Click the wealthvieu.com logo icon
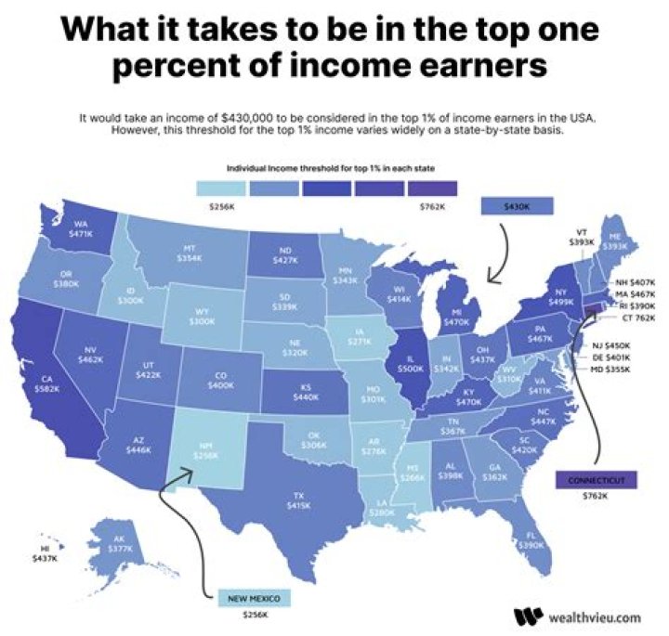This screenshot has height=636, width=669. (x=527, y=617)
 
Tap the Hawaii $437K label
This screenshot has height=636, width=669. (x=44, y=554)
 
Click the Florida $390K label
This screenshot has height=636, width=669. (x=531, y=540)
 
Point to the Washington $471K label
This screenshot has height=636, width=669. (x=82, y=229)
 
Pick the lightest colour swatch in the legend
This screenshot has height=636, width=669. (x=220, y=188)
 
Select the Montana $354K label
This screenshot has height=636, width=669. (x=190, y=253)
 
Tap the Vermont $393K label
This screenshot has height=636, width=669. (x=581, y=236)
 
